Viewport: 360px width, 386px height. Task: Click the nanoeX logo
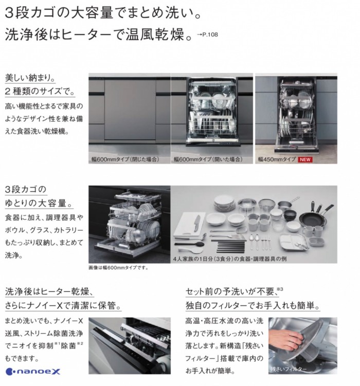pos(26,371)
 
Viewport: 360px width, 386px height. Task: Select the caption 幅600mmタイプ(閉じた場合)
pos(124,160)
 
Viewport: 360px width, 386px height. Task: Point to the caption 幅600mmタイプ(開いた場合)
pos(207,160)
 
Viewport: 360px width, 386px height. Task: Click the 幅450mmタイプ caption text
pos(277,160)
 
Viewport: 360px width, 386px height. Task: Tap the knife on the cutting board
pos(196,223)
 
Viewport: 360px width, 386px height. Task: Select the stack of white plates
pos(224,202)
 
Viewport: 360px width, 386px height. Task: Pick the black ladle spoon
pos(188,240)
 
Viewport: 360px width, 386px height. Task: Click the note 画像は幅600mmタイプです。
pos(118,268)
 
